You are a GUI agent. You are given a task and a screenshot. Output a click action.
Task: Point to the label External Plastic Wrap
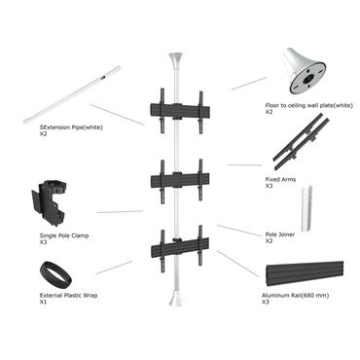coord(69,295)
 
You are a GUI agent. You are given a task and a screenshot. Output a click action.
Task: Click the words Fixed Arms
coord(282,178)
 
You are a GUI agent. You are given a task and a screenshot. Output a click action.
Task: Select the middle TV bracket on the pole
coord(180,179)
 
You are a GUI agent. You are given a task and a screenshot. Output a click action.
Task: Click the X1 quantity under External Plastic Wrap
coord(44,303)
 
